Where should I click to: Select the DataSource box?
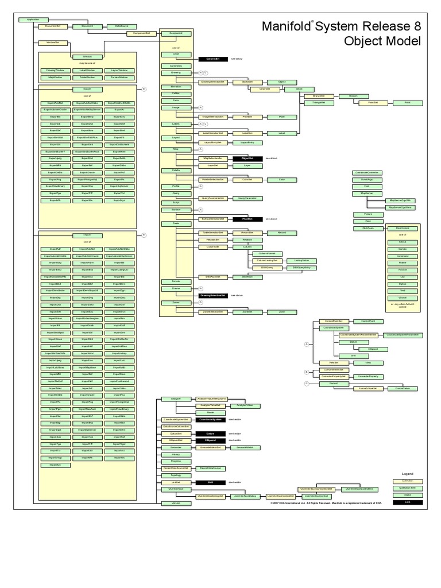[121, 26]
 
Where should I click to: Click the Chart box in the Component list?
[176, 54]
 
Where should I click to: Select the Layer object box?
[247, 165]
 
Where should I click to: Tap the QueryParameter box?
[247, 198]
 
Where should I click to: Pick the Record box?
[282, 233]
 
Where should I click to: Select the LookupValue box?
[293, 260]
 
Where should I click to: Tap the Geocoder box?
[176, 447]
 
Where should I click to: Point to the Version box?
[176, 503]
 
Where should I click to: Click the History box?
[176, 454]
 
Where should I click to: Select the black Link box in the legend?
[407, 502]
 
